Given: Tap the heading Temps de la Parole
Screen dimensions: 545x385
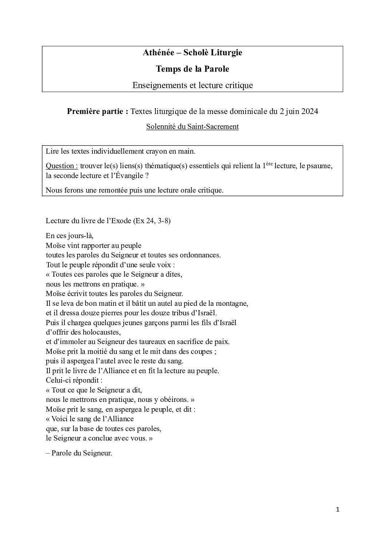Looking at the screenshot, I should point(192,69).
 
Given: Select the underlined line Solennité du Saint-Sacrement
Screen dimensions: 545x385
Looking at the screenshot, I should point(192,127).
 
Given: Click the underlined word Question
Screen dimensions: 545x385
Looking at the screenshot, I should point(61,166).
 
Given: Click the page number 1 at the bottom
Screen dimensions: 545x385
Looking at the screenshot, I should point(338,510).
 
